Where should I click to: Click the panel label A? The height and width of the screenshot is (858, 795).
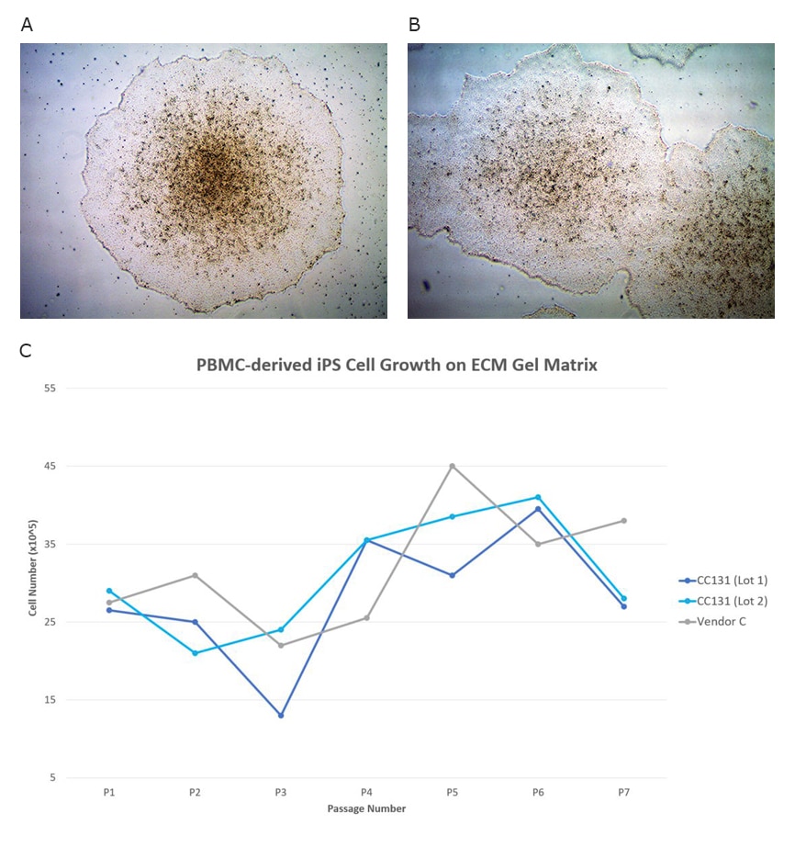(27, 25)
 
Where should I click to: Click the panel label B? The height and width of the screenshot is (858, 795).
(414, 25)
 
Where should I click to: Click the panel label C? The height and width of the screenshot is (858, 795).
(27, 350)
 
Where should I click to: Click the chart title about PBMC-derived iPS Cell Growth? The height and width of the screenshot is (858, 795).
(397, 365)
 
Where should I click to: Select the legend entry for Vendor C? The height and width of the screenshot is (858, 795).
(719, 621)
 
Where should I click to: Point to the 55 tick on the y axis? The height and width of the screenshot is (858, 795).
(50, 388)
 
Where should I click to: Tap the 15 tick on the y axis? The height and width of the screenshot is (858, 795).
(50, 700)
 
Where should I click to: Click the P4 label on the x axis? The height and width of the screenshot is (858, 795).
(366, 792)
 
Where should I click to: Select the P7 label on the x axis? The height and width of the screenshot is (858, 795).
(623, 792)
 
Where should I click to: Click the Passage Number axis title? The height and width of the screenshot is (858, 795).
(366, 809)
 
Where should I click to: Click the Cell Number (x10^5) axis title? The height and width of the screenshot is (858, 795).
(33, 581)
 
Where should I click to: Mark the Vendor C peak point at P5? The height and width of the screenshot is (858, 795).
(453, 466)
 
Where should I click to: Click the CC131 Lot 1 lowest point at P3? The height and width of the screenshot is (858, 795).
(281, 715)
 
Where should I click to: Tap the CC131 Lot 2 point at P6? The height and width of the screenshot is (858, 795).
(538, 497)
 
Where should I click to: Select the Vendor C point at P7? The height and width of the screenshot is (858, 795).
(623, 521)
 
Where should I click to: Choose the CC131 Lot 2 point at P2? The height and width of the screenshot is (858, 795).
(195, 653)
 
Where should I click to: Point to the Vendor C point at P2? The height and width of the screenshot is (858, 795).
(195, 575)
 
